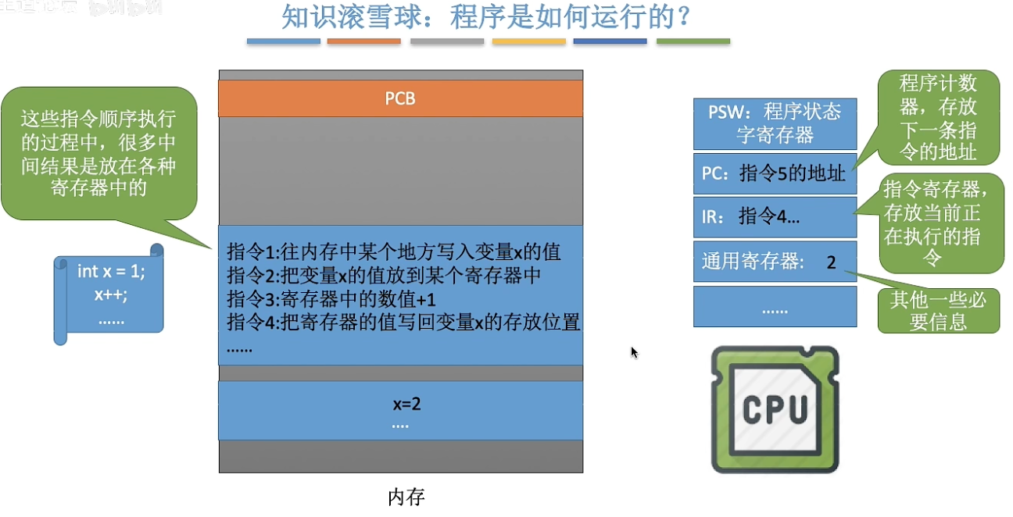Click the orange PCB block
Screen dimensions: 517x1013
400,98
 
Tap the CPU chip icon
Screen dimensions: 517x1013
775,410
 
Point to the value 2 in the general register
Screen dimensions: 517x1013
831,262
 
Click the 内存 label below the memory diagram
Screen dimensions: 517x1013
406,497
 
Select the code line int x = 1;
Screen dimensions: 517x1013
111,272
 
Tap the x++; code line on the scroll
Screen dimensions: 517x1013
110,295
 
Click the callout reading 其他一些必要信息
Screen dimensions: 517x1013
938,310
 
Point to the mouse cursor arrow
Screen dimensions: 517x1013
634,352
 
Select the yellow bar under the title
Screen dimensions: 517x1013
528,41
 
